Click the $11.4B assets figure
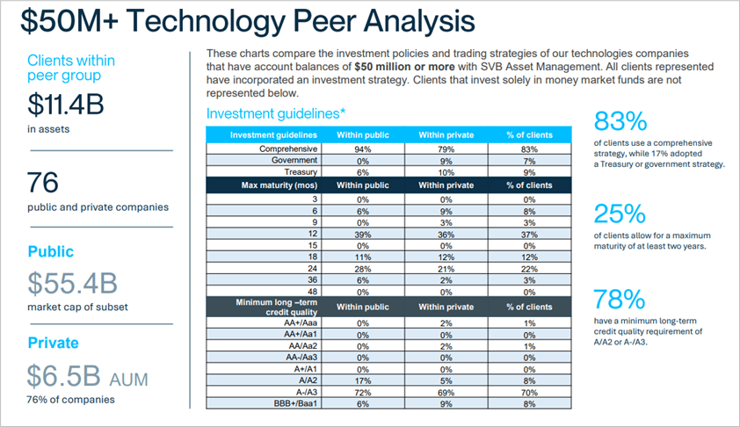[66, 105]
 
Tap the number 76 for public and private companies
[43, 183]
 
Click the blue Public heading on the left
[50, 251]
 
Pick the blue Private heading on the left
[53, 343]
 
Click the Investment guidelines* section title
[275, 114]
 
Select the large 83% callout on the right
[620, 120]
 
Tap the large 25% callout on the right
[620, 213]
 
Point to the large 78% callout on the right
[620, 299]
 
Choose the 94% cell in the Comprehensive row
[362, 149]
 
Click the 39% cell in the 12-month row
[362, 235]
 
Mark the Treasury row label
[301, 172]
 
